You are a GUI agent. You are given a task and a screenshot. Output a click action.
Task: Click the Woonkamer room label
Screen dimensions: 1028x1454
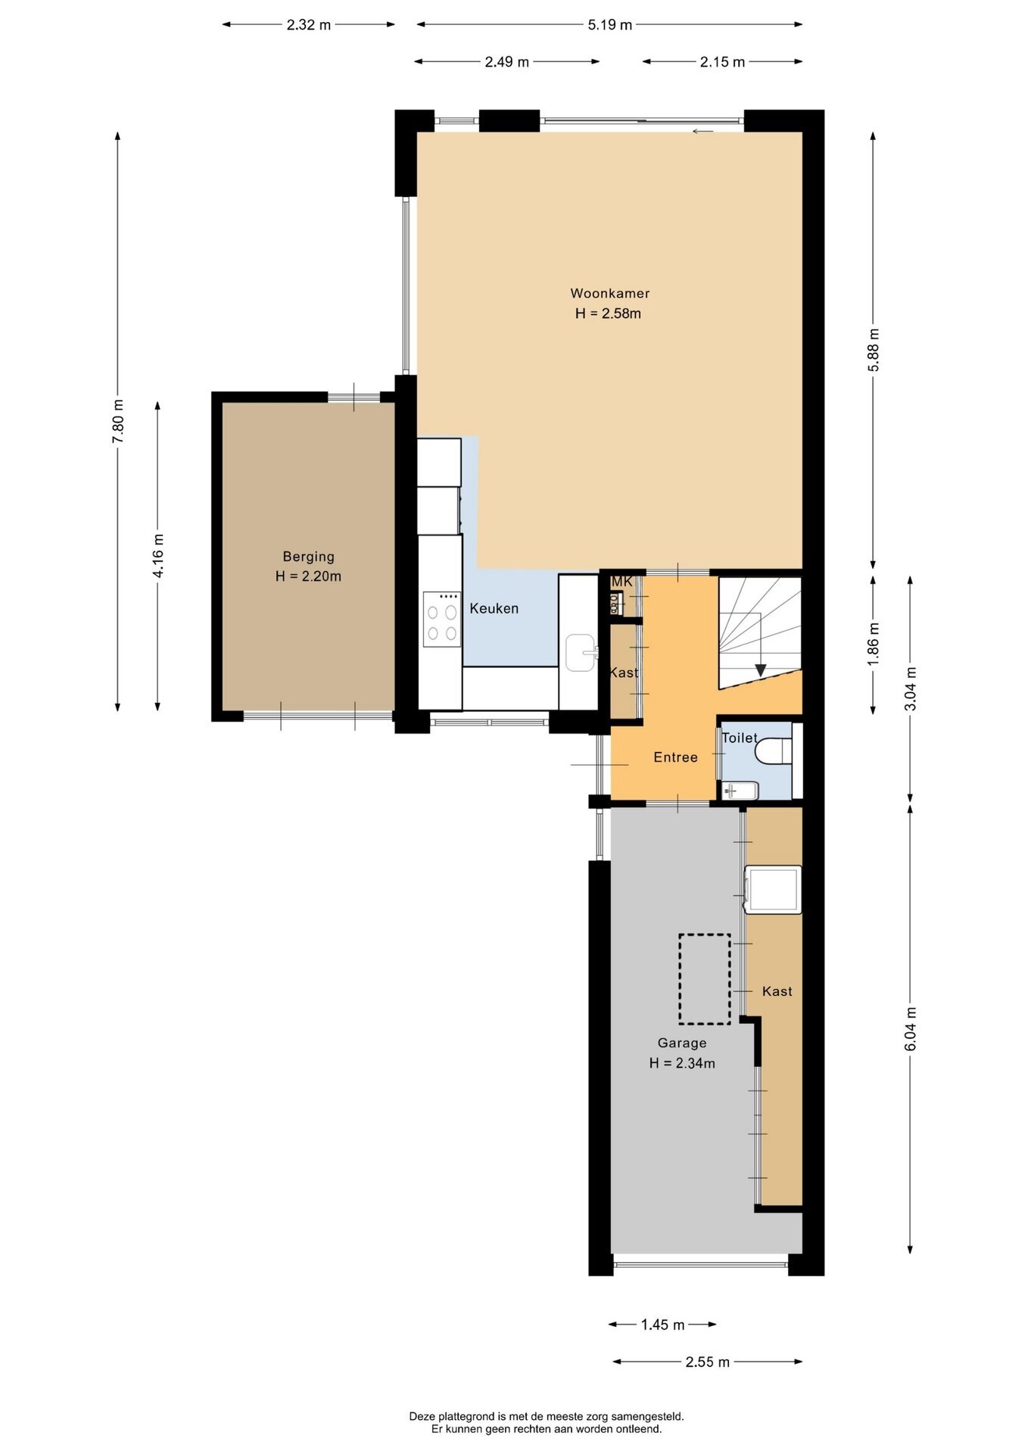[609, 293]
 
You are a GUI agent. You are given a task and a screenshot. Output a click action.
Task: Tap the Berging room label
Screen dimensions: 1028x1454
[309, 557]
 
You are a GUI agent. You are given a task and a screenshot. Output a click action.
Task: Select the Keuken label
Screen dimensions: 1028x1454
[494, 608]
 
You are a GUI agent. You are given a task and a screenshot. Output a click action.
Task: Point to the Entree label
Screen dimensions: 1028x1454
[675, 757]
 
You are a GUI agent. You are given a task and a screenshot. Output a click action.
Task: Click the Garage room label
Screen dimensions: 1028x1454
[682, 1043]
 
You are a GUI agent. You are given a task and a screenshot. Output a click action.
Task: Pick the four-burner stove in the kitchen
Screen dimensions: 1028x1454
[442, 619]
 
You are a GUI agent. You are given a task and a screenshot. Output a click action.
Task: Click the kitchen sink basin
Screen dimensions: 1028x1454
[581, 653]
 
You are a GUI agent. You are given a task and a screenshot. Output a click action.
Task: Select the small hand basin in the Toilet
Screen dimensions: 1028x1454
[740, 791]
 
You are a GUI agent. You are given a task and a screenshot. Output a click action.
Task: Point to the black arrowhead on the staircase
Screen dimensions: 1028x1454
[761, 670]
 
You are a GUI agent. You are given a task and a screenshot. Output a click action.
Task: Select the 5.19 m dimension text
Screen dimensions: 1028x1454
[610, 25]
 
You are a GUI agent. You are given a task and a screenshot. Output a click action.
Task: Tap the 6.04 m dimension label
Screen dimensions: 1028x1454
[911, 1028]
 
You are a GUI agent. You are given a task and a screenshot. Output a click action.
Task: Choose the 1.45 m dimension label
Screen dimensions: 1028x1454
[662, 1325]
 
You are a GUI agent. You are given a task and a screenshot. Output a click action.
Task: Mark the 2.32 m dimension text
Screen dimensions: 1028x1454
[309, 24]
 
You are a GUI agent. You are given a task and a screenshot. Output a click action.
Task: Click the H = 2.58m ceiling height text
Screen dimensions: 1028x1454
[608, 314]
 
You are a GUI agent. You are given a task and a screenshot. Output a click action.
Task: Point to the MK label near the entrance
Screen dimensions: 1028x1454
[622, 582]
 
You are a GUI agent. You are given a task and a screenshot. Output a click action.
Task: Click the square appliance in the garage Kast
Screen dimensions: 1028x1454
[773, 889]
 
